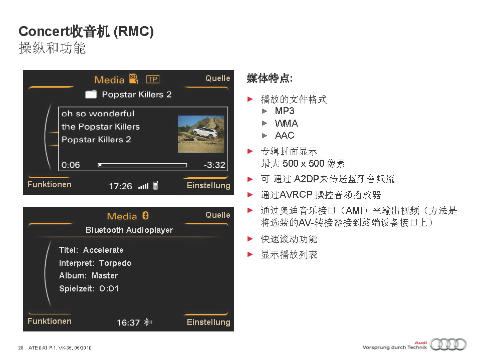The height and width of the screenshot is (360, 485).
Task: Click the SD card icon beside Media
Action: point(134,79)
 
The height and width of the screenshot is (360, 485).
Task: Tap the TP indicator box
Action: point(152,80)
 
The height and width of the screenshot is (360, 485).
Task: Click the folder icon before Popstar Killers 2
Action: point(91,94)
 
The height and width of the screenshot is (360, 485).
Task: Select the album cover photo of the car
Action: point(201,134)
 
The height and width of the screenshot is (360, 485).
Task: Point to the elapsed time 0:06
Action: point(71,165)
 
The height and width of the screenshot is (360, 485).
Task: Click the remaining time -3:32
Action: point(214,165)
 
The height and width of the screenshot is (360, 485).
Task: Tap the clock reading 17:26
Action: point(120,186)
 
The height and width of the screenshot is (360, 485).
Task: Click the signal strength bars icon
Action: point(143,186)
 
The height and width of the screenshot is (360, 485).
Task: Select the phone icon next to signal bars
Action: point(156,185)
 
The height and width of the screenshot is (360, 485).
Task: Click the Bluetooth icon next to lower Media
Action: point(145,215)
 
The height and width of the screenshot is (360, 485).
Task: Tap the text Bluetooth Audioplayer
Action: point(129,230)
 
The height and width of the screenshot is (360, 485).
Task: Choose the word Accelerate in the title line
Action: point(103,250)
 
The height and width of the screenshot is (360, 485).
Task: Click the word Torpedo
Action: point(115,263)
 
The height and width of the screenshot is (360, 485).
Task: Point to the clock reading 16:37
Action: point(128,323)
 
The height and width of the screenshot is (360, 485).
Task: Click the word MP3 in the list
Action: point(285,111)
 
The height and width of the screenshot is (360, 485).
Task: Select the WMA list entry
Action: point(287,123)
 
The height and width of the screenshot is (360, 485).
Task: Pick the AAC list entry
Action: point(285,135)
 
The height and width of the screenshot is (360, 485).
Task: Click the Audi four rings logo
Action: point(448,344)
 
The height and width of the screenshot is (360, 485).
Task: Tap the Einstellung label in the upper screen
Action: point(208,185)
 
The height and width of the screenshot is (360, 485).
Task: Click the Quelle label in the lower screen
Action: point(218,215)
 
